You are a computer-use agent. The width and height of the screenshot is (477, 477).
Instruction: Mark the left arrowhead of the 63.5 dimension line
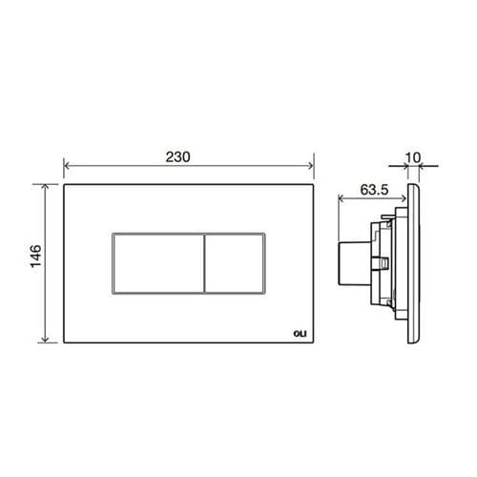(343, 198)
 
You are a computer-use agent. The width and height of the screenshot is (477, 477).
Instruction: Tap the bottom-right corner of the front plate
(315, 343)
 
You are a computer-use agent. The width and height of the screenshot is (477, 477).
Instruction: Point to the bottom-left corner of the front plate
(65, 343)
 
